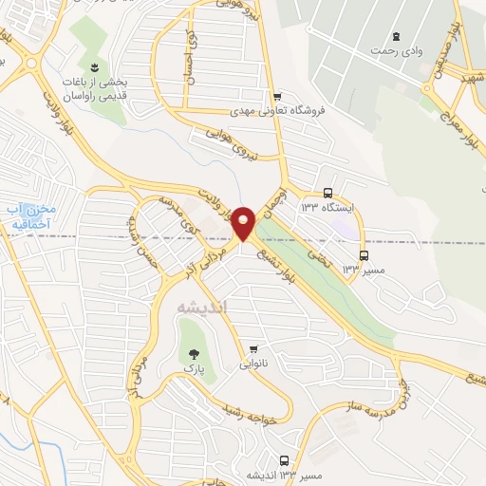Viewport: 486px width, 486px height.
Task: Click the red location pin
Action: pyautogui.click(x=244, y=222)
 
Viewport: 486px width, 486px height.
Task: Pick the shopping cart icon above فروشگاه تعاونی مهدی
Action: pyautogui.click(x=276, y=96)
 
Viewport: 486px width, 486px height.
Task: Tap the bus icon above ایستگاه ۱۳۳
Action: pyautogui.click(x=327, y=190)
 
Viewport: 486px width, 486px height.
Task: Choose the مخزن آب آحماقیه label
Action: pyautogui.click(x=29, y=215)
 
